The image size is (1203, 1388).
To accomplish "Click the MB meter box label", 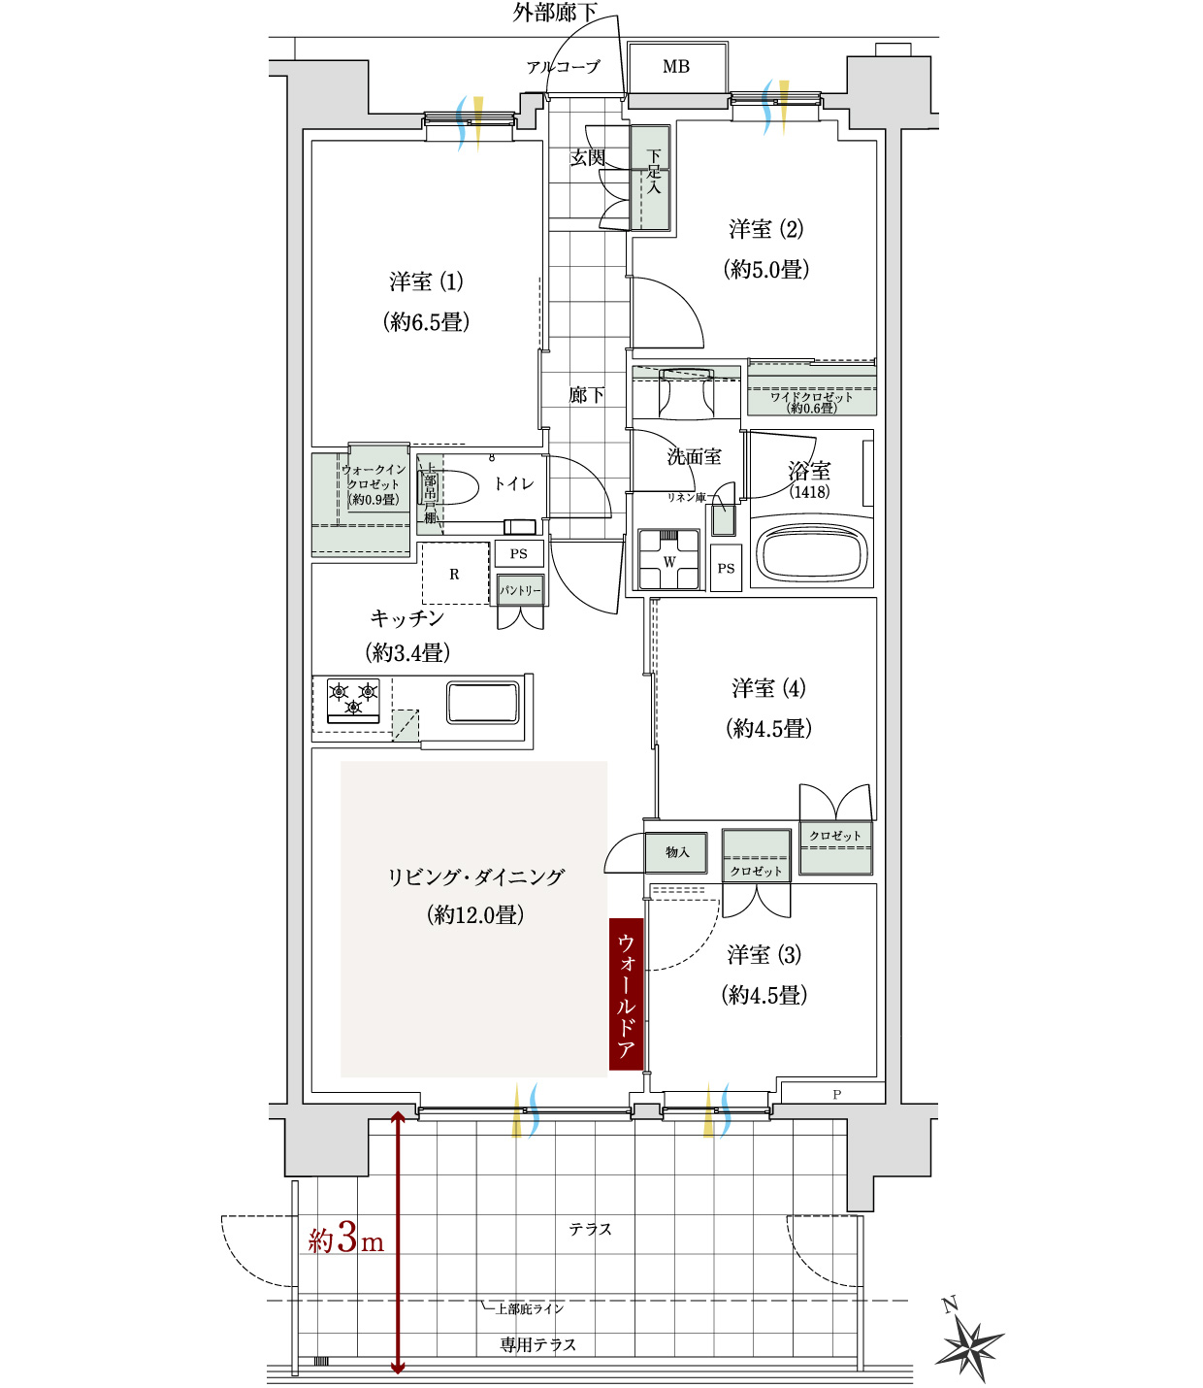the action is coord(675,66).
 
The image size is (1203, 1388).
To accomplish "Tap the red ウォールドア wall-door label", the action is coord(626,994).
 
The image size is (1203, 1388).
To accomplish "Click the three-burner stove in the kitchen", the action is coord(353,700).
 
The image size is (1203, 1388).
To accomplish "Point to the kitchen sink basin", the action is coord(483,703).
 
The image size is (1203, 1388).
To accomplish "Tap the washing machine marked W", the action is coord(669,559).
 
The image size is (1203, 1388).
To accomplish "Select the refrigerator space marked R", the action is coord(455,574).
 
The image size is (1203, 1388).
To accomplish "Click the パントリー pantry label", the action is coord(520,590).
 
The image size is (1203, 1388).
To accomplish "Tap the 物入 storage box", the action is coord(676,853).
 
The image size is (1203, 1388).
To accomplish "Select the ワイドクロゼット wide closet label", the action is coord(812,402).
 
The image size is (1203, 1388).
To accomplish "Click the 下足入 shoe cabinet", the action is coord(651,178).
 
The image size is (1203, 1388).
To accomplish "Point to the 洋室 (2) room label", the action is coord(766,229).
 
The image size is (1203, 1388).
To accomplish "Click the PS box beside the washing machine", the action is coord(726,568).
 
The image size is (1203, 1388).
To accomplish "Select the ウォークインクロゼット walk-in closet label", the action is coord(374,484).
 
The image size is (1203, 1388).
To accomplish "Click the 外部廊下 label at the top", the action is coord(555,12).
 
